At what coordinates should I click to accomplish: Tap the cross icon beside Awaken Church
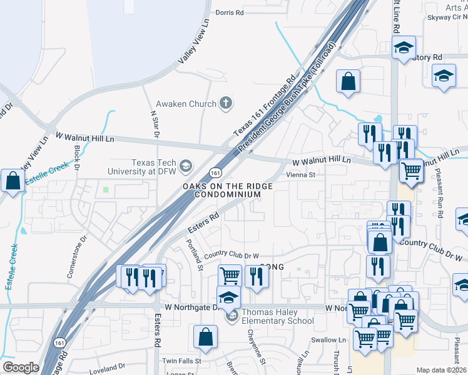[x=226, y=104]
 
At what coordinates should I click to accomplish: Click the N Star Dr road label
[x=155, y=125]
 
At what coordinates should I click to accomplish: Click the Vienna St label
[x=300, y=176]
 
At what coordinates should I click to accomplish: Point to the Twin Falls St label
[x=181, y=361]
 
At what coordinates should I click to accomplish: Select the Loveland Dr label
[x=107, y=369]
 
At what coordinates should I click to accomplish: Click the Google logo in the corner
[x=21, y=367]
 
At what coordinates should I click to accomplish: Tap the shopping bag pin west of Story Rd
[x=347, y=81]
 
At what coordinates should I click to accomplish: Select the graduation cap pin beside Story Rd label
[x=404, y=47]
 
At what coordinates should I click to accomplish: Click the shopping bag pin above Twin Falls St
[x=205, y=337]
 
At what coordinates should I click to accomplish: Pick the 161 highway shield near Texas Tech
[x=215, y=172]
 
